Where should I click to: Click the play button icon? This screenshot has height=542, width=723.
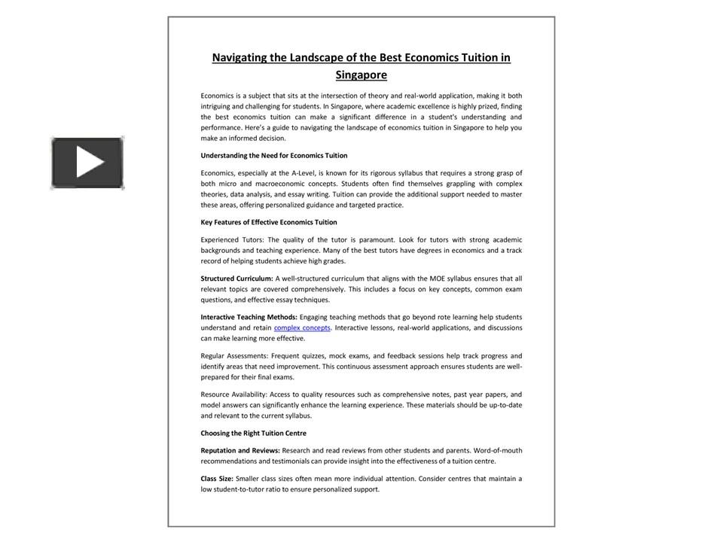click(x=87, y=163)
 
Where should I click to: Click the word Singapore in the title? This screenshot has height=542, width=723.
click(x=361, y=75)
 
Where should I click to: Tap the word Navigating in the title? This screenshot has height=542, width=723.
click(x=239, y=57)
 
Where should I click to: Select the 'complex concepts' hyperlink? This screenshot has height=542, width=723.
click(x=302, y=327)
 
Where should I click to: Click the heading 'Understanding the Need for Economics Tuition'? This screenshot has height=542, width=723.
click(x=273, y=155)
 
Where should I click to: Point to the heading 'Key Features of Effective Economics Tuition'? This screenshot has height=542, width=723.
click(x=268, y=222)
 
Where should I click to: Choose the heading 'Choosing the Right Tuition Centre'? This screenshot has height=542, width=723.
click(x=253, y=433)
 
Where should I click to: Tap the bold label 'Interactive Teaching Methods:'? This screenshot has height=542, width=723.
click(x=249, y=317)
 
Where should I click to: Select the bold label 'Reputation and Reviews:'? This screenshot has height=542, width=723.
click(x=240, y=450)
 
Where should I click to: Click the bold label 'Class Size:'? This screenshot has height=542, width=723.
click(x=217, y=478)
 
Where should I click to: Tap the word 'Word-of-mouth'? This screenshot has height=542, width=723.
click(x=498, y=450)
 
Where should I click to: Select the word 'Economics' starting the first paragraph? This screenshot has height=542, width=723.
click(x=217, y=96)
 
